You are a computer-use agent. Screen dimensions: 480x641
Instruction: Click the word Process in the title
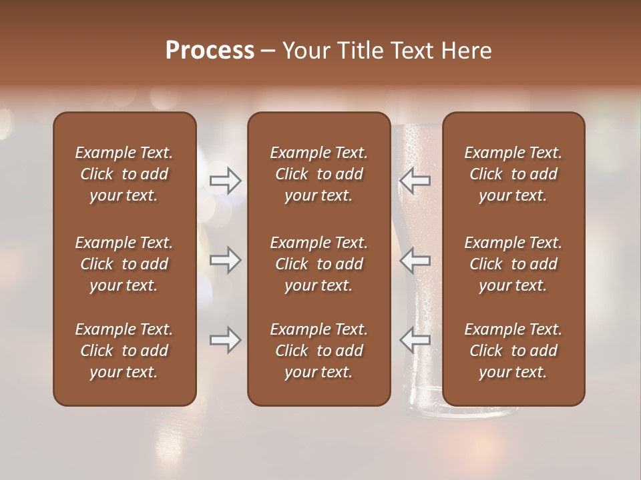pos(210,51)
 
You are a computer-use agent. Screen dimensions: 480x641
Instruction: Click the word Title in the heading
pos(357,51)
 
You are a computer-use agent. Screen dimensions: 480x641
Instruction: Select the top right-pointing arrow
pos(225,181)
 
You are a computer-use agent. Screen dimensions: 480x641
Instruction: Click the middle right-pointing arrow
pos(225,260)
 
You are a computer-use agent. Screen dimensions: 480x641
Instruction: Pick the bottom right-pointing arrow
pos(225,340)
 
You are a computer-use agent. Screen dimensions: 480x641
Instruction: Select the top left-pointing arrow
pos(415,181)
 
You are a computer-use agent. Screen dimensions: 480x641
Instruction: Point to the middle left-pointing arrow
pos(415,260)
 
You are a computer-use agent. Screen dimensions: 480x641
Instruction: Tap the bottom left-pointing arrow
pos(415,340)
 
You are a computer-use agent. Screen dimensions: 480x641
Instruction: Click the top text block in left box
pos(124,174)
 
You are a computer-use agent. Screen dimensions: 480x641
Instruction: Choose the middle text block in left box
pos(124,264)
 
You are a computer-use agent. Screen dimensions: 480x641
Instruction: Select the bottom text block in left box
pos(124,351)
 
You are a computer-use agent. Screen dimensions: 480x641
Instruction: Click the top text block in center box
pos(318,174)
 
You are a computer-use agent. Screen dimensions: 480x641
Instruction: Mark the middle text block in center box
pos(318,264)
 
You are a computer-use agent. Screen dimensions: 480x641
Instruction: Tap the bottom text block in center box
pos(318,351)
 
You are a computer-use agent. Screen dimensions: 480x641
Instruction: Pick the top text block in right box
pos(513,174)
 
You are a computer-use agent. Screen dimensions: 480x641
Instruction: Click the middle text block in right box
pos(513,264)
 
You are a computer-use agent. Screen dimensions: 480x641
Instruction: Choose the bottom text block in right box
pos(513,351)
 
